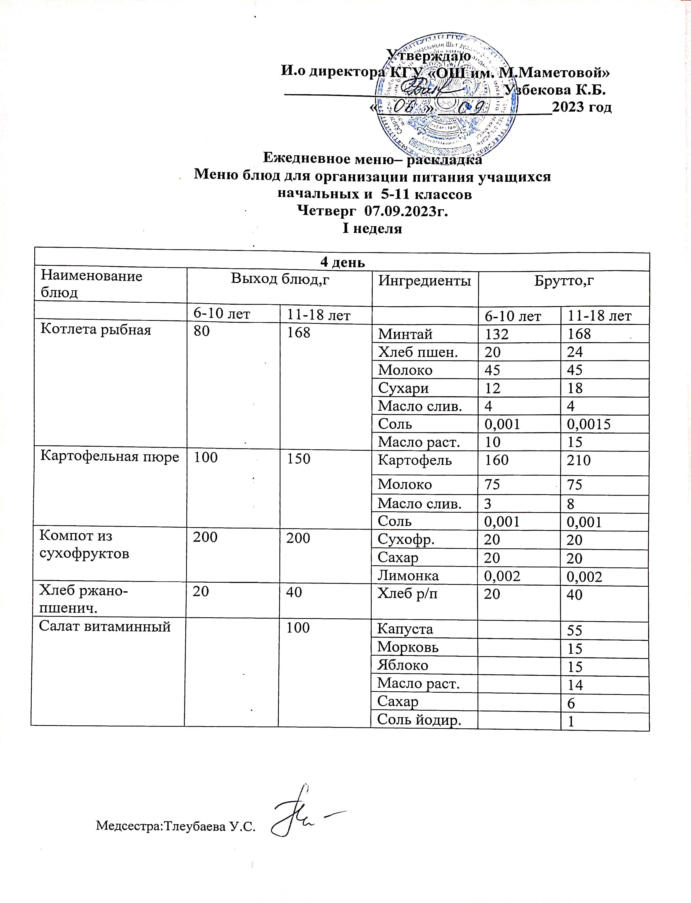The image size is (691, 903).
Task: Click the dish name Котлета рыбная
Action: coord(96,330)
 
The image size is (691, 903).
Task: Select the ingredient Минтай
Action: coord(405,334)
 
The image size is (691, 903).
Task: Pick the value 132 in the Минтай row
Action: coord(497,334)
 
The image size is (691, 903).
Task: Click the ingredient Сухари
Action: coord(404,388)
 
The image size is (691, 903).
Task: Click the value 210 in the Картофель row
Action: coord(579,460)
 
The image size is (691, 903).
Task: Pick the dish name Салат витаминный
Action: coord(105,626)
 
